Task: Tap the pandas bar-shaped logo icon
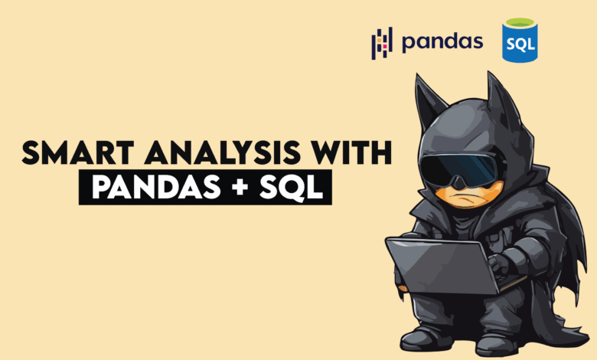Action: [x=381, y=43]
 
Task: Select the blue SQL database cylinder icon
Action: [x=519, y=41]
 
